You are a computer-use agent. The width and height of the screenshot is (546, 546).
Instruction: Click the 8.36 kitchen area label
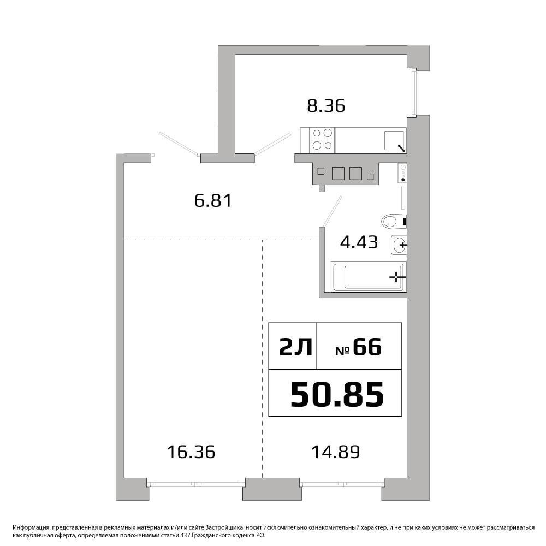(x=326, y=106)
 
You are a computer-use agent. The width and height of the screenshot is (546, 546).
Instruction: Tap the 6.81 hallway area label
(x=213, y=201)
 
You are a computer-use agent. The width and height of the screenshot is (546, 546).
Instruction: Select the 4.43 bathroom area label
(x=359, y=242)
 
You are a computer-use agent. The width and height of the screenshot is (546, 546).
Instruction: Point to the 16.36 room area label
(x=191, y=452)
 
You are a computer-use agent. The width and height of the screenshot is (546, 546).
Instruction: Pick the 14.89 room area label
(x=335, y=452)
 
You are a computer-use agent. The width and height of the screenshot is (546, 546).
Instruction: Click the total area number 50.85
(x=337, y=395)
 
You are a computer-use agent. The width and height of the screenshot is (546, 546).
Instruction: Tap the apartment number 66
(x=367, y=347)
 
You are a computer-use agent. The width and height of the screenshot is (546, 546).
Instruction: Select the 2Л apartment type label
(x=296, y=347)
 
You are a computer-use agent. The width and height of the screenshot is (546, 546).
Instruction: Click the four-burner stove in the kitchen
(x=322, y=139)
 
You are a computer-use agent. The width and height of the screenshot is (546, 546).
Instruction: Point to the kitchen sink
(x=395, y=141)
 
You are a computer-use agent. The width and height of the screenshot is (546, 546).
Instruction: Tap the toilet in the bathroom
(x=394, y=221)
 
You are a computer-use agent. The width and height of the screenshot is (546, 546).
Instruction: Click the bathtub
(x=369, y=276)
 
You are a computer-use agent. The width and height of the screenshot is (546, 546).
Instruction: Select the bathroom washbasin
(x=399, y=245)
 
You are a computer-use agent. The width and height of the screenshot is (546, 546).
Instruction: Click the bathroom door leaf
(x=332, y=211)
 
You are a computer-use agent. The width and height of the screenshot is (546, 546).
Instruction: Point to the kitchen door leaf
(x=272, y=144)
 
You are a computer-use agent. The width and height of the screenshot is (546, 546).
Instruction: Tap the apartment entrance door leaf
(x=179, y=144)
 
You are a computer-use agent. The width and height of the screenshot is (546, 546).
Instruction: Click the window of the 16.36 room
(x=196, y=484)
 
